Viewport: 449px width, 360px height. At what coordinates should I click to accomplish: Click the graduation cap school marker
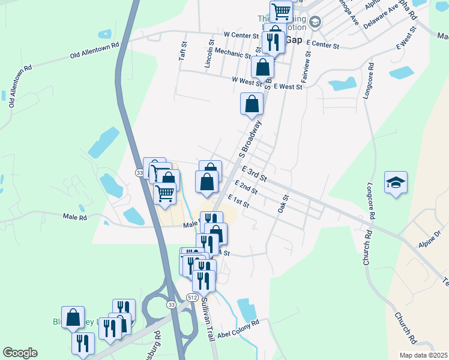click(x=396, y=182)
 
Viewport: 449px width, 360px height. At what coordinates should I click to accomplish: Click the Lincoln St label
click(x=211, y=54)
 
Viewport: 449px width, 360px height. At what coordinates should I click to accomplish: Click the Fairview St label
click(x=306, y=70)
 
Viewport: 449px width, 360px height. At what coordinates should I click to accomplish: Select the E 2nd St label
click(x=246, y=187)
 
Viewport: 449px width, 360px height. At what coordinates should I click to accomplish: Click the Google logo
click(x=20, y=352)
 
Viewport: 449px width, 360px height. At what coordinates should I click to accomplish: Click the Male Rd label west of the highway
click(x=75, y=217)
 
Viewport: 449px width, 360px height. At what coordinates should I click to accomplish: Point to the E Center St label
click(x=322, y=45)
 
